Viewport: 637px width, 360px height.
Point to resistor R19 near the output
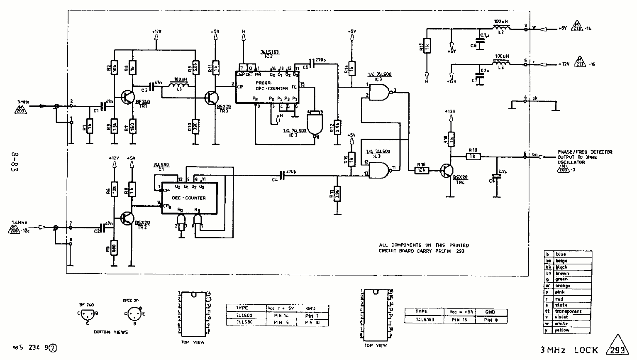coord(473,157)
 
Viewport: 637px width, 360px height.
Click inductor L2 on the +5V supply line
coord(501,28)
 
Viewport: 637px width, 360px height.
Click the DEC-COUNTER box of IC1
coord(190,198)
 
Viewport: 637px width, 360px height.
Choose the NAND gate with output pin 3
coord(380,91)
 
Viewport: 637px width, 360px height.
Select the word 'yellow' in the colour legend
coord(563,330)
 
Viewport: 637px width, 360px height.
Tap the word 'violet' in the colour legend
coord(562,317)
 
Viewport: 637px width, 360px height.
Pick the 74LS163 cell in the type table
coord(424,320)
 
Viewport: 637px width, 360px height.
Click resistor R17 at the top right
coord(427,47)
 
